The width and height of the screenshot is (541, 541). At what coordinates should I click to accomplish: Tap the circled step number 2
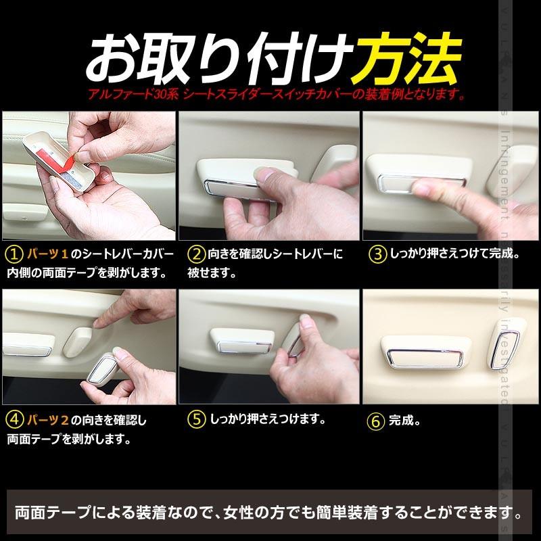click(195, 255)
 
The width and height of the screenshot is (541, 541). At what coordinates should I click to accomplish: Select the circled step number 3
click(377, 255)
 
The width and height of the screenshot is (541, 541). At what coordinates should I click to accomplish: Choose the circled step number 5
click(195, 419)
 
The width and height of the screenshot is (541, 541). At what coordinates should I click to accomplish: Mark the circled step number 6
click(377, 420)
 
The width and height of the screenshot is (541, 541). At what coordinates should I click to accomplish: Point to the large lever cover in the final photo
click(423, 351)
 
